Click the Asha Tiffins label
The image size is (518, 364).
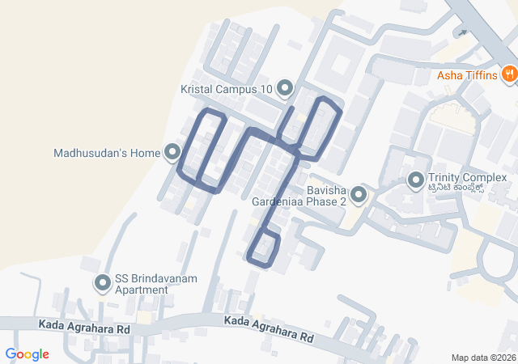(466, 76)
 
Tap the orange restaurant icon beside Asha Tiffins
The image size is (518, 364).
(509, 75)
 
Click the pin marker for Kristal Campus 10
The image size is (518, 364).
(284, 87)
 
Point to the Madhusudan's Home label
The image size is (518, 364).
(108, 152)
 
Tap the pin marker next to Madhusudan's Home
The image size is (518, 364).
(172, 152)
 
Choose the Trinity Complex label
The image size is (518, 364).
(467, 178)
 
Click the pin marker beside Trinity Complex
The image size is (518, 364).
(416, 180)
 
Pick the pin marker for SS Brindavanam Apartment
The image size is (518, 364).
(103, 284)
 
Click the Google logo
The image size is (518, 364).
(28, 354)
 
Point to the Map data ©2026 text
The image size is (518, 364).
(482, 358)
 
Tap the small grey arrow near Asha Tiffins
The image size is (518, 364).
(462, 33)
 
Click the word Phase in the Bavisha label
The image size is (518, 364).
(321, 201)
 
